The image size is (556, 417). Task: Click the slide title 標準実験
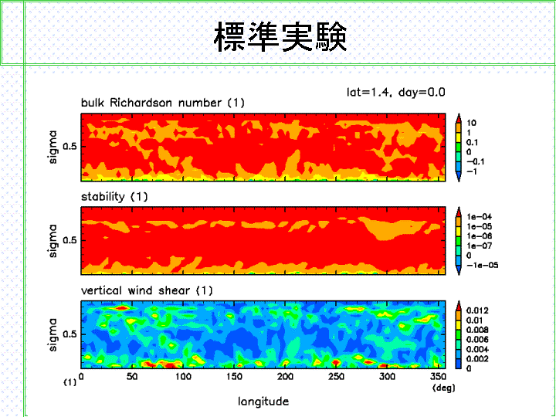tap(280, 36)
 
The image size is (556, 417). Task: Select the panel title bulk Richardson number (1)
tap(163, 103)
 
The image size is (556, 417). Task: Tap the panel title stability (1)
tap(114, 197)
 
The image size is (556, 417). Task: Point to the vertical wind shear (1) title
tap(147, 291)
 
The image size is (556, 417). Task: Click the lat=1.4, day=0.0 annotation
tap(395, 92)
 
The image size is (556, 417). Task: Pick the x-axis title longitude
tap(263, 402)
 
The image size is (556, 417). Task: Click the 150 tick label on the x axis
tap(234, 376)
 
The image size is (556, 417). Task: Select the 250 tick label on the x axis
tap(336, 376)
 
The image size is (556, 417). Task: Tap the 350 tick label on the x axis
tap(439, 376)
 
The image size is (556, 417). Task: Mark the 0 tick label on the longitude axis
tap(81, 376)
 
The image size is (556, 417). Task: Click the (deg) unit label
tap(443, 388)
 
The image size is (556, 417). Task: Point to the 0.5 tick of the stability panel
tap(69, 240)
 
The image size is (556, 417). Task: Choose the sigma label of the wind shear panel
tap(53, 334)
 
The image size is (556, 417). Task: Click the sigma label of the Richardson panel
tap(53, 147)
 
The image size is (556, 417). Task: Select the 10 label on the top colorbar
tap(471, 123)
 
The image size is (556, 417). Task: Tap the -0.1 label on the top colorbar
tap(476, 161)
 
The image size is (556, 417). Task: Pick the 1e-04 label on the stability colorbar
tap(479, 217)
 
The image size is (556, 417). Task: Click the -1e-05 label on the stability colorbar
tap(482, 265)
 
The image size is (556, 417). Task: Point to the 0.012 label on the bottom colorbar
tap(477, 310)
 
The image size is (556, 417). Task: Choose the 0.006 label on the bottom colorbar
tap(477, 340)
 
